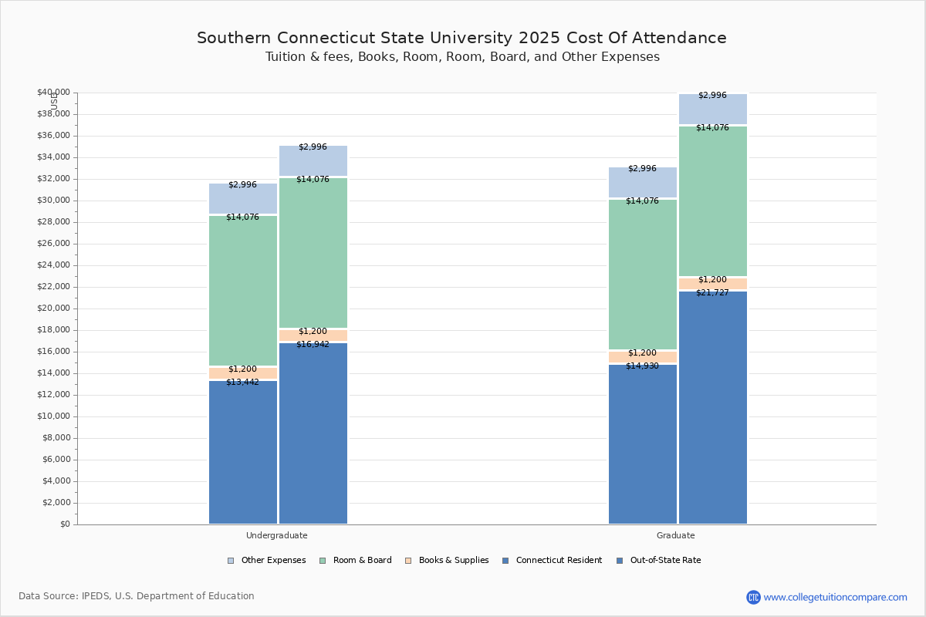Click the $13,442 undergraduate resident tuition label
[242, 382]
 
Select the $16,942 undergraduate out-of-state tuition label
[313, 344]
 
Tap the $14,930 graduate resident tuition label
[642, 366]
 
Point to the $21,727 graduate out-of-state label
[712, 292]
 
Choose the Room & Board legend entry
[362, 561]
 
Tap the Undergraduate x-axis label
[277, 535]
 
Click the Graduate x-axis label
[676, 535]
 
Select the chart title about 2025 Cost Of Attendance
[461, 38]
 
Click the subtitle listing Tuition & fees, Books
[461, 57]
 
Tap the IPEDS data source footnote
[137, 596]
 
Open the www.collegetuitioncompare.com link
[835, 597]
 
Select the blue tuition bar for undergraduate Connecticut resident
[242, 455]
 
